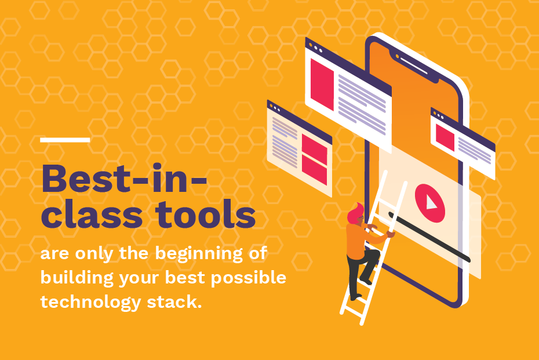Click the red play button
coord(429,203)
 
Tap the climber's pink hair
coord(355,212)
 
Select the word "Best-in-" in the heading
coord(124,179)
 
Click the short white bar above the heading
coord(65,140)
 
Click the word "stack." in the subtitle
coord(174,302)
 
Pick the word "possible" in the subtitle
coord(248,278)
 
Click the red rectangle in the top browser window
coord(322,85)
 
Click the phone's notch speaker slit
coord(414,66)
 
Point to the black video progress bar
coord(429,237)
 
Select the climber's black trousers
coord(361,272)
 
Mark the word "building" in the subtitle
coord(77,278)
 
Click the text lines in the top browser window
coord(362,104)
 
